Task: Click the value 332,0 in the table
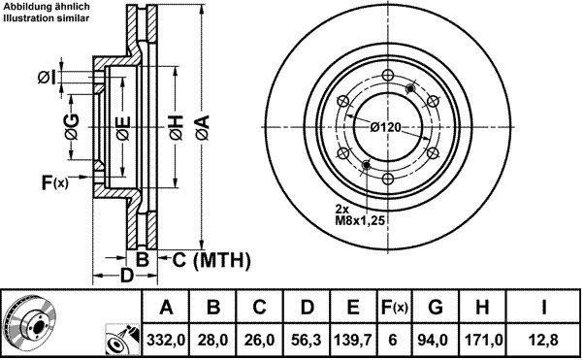pos(166,340)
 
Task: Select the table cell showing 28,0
pos(212,340)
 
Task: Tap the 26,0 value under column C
pos(260,340)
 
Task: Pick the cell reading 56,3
pos(307,340)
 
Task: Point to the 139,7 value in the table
pos(353,340)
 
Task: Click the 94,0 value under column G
pos(436,340)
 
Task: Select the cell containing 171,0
pos(483,340)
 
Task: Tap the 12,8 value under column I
pos(543,340)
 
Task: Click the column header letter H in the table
pos(482,308)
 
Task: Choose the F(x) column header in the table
pos(395,308)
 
